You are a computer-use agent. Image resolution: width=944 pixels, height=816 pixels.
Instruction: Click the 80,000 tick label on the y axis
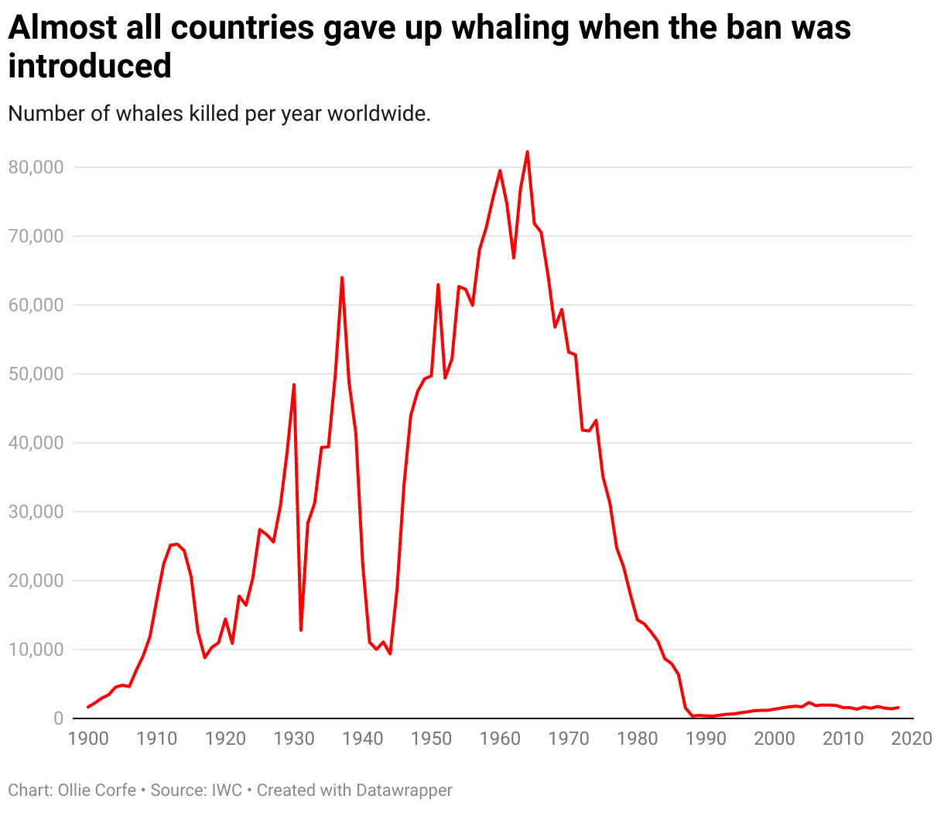pos(36,167)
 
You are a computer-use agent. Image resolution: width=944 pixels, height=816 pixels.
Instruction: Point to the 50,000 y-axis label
pos(36,374)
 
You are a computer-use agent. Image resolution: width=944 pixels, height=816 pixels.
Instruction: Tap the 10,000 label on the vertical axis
pos(36,650)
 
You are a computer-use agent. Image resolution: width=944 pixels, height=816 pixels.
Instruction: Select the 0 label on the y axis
pos(58,718)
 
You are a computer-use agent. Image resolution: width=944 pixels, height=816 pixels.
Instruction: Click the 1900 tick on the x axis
pos(88,738)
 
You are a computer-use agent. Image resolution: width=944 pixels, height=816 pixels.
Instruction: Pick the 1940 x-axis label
pos(363,738)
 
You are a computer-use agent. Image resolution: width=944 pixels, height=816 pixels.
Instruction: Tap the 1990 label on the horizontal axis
pos(706,738)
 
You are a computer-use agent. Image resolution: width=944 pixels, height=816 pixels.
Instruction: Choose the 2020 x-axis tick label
pos(912,738)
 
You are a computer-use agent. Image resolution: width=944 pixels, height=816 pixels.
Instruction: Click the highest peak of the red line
pos(527,152)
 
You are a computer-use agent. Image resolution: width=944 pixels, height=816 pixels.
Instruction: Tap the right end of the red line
pos(898,708)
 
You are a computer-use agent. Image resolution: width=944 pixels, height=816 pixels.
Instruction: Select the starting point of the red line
pos(88,707)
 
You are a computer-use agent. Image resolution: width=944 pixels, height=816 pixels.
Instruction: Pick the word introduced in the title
pos(90,67)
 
